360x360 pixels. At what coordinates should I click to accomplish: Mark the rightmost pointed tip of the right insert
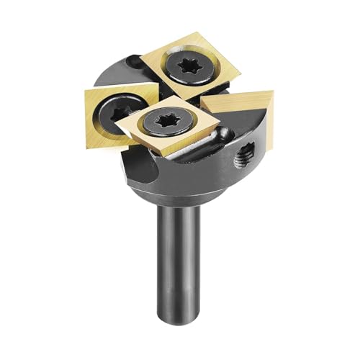(274, 92)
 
